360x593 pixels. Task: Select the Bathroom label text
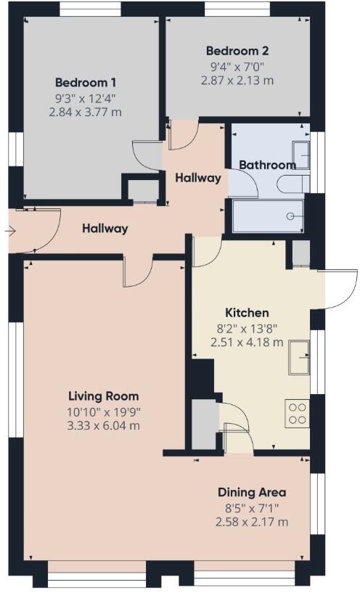(267, 165)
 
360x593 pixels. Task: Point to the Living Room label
(103, 396)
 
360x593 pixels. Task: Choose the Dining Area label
(252, 491)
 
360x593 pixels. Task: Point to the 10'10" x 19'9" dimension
(103, 411)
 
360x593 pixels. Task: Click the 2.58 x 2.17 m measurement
(252, 521)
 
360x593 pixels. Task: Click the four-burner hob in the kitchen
(298, 413)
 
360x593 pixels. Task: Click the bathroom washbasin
(302, 154)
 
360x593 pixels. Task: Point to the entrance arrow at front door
(9, 232)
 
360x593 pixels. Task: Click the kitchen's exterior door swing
(337, 289)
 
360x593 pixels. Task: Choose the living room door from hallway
(137, 271)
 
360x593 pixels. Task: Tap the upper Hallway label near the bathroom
(197, 178)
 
